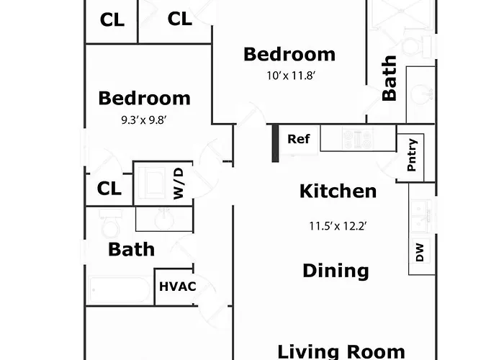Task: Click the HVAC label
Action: click(x=177, y=287)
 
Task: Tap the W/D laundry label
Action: click(x=179, y=184)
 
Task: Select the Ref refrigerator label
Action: click(x=299, y=139)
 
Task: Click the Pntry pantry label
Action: click(x=412, y=155)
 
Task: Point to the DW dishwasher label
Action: click(x=420, y=252)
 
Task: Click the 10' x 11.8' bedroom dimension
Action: click(x=291, y=76)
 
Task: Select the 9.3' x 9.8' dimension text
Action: click(x=144, y=120)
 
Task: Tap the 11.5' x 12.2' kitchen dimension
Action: click(x=338, y=226)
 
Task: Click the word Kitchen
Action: click(x=338, y=192)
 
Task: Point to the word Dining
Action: click(x=336, y=271)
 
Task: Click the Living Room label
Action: click(x=341, y=351)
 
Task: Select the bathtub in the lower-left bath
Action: click(x=120, y=289)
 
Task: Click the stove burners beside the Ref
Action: click(x=357, y=139)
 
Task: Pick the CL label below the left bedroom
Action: click(x=109, y=189)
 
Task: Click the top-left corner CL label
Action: click(x=112, y=20)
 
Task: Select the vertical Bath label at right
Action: click(x=390, y=78)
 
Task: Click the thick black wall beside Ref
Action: click(x=276, y=143)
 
